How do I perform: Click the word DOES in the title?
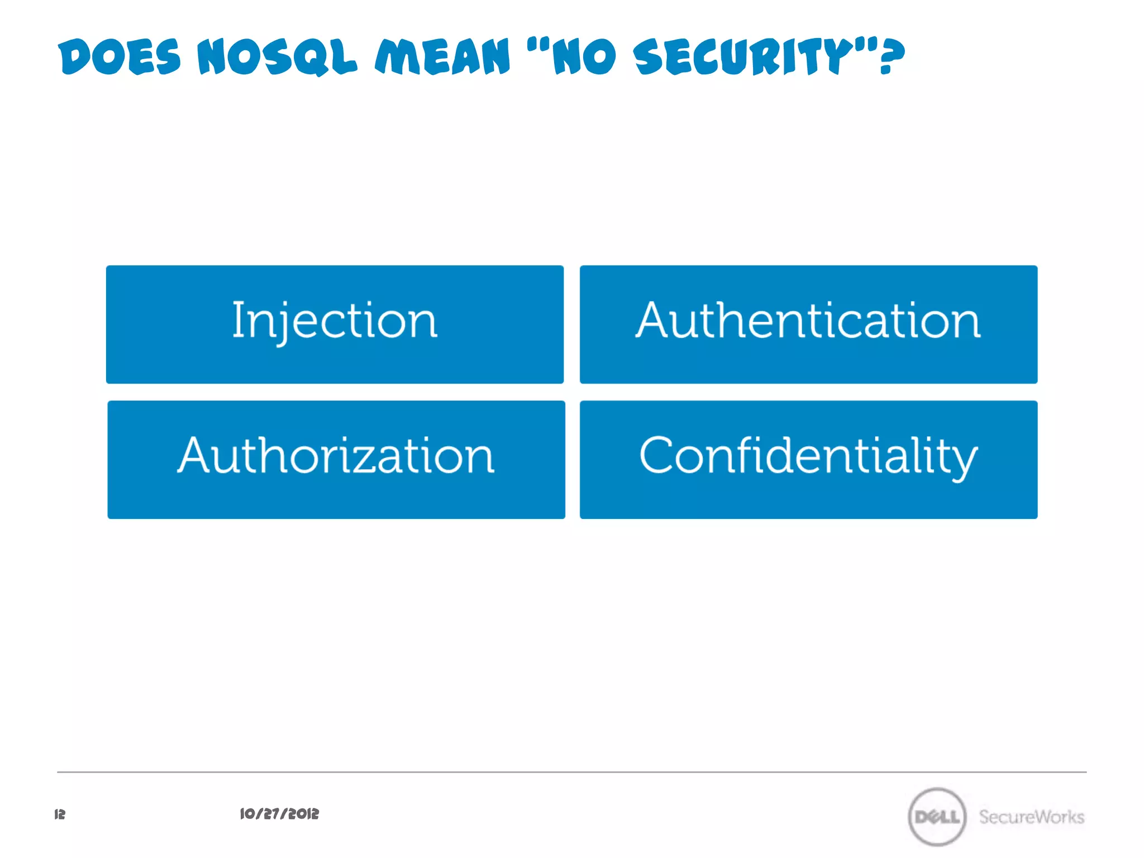pos(120,56)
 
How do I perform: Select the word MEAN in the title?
pos(443,56)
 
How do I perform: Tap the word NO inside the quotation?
pos(584,56)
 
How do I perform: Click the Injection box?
pos(335,325)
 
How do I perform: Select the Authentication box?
pos(808,325)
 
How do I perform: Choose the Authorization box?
pos(336,460)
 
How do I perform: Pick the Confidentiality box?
pos(808,460)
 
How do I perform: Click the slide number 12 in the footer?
pos(60,814)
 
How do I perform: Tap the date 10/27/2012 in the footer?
pos(279,814)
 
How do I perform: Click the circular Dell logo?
pos(937,817)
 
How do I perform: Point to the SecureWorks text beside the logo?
pos(1031,817)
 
